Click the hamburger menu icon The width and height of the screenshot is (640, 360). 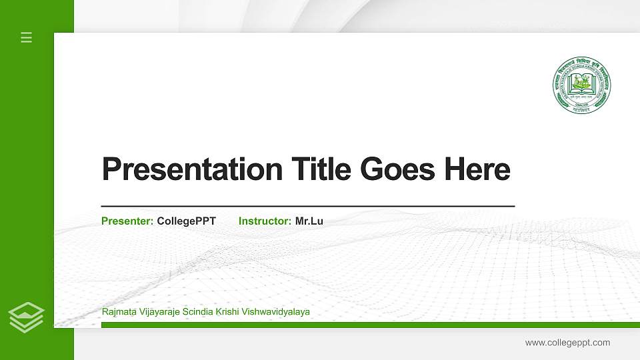27,37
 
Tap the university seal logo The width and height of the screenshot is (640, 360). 581,85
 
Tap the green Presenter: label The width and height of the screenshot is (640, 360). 127,221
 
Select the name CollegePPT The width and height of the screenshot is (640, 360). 186,221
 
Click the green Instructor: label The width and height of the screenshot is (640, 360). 265,221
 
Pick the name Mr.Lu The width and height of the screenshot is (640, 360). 309,221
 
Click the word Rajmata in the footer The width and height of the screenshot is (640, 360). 119,312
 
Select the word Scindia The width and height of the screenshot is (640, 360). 198,312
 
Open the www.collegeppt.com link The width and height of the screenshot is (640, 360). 567,343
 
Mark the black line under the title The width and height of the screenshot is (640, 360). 307,207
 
